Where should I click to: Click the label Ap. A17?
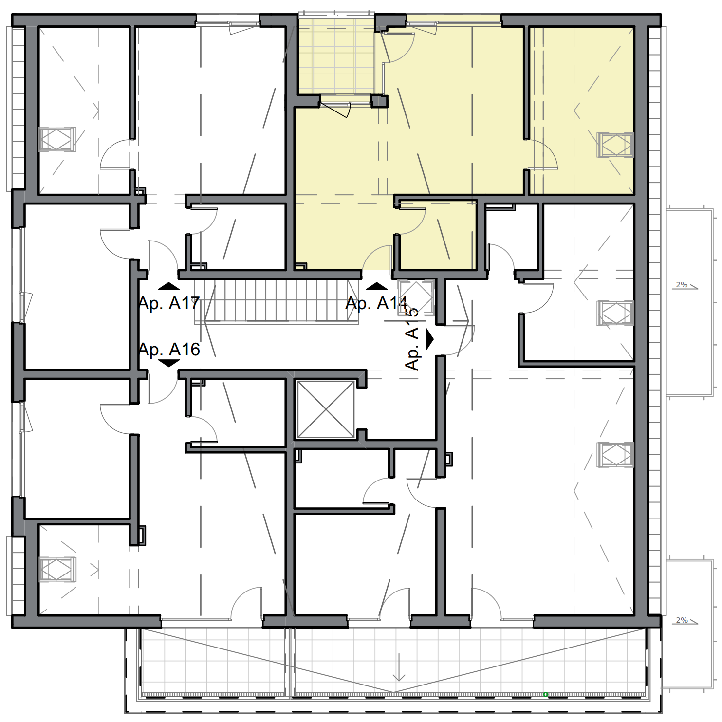click(169, 303)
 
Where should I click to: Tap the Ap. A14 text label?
click(376, 303)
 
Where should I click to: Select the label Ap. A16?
click(169, 350)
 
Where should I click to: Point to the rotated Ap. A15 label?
click(412, 339)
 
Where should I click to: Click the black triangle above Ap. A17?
click(168, 286)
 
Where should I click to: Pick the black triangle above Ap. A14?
click(376, 286)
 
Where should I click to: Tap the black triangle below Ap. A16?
click(169, 363)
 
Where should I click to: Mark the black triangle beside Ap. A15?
click(429, 339)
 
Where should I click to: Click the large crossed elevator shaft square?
click(326, 409)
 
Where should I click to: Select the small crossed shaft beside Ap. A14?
click(415, 297)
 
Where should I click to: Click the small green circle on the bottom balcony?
click(546, 694)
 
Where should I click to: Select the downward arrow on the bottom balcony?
click(399, 668)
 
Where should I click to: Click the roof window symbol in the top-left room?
click(57, 140)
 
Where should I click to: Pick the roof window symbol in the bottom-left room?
click(57, 569)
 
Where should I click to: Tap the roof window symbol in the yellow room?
click(615, 145)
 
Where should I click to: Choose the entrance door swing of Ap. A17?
click(162, 256)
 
